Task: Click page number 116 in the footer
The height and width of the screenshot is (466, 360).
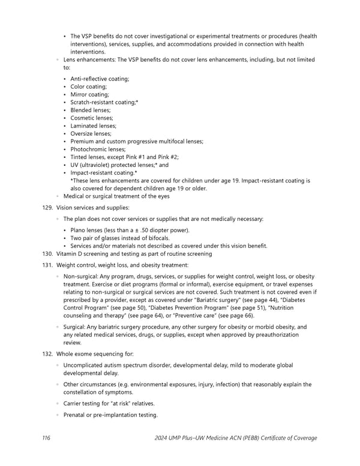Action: [46, 438]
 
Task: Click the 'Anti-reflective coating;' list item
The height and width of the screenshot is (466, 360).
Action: [100, 79]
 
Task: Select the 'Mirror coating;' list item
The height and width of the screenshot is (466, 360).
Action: [89, 94]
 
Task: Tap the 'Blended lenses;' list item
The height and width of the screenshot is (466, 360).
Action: [91, 110]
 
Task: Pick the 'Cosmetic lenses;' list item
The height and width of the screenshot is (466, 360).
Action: [92, 118]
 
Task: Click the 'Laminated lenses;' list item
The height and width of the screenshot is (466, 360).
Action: [93, 126]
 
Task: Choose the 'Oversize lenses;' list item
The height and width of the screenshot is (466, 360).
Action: [92, 133]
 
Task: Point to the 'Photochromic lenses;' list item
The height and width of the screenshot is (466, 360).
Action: [98, 149]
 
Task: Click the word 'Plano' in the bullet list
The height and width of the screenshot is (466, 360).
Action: [79, 230]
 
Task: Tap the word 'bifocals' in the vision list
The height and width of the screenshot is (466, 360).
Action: [157, 238]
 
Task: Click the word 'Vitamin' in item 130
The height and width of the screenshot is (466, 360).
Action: [67, 254]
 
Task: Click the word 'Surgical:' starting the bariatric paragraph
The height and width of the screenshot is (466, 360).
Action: [76, 327]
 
